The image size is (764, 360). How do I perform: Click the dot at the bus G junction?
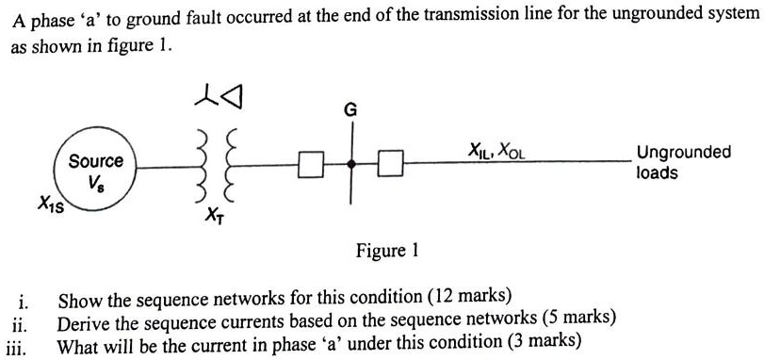pyautogui.click(x=350, y=165)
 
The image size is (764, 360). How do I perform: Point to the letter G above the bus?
pyautogui.click(x=349, y=111)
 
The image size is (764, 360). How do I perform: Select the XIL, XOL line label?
pyautogui.click(x=496, y=149)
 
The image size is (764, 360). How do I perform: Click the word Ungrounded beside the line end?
pyautogui.click(x=683, y=153)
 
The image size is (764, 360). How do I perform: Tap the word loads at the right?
pyautogui.click(x=657, y=172)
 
